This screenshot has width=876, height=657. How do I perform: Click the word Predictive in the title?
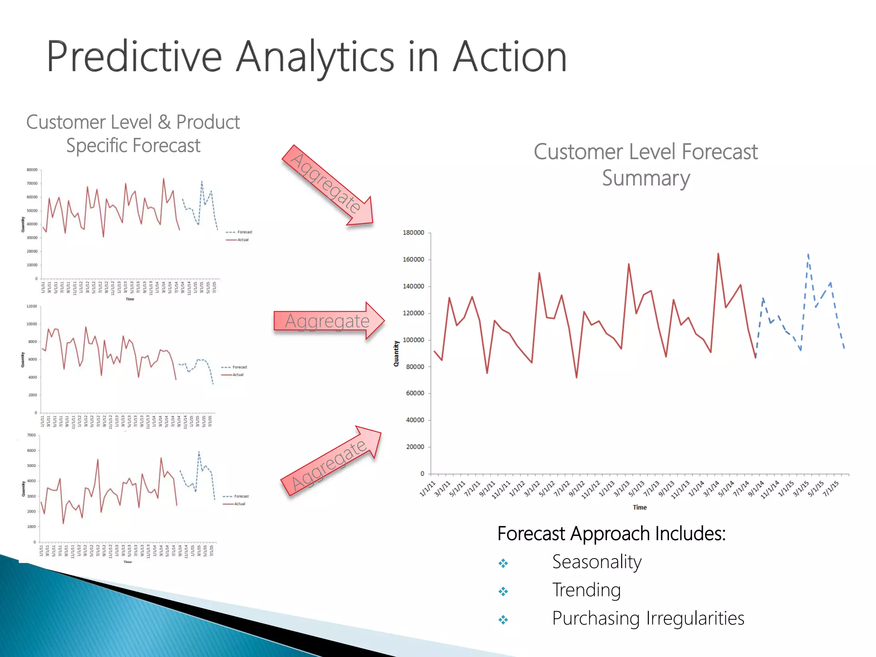pyautogui.click(x=134, y=57)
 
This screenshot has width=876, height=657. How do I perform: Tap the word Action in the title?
pyautogui.click(x=509, y=57)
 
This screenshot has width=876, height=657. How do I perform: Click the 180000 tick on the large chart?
pyautogui.click(x=413, y=233)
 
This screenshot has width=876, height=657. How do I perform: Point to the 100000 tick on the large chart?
pyautogui.click(x=413, y=340)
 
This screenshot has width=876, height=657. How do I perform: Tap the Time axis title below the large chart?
pyautogui.click(x=639, y=507)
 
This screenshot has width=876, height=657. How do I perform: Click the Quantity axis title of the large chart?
pyautogui.click(x=396, y=353)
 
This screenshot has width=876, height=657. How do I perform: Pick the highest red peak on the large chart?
pyautogui.click(x=718, y=254)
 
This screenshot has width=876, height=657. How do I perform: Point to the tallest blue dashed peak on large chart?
pyautogui.click(x=808, y=255)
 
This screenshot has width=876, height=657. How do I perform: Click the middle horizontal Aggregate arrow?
pyautogui.click(x=328, y=321)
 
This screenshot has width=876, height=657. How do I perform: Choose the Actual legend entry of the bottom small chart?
pyautogui.click(x=240, y=504)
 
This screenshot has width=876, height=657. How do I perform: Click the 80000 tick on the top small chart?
pyautogui.click(x=32, y=170)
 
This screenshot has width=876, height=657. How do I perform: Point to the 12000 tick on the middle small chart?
pyautogui.click(x=32, y=306)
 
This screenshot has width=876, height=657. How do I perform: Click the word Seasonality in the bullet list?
pyautogui.click(x=597, y=562)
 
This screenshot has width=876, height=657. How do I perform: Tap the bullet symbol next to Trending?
pyautogui.click(x=503, y=592)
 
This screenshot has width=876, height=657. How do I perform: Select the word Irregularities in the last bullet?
pyautogui.click(x=695, y=618)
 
